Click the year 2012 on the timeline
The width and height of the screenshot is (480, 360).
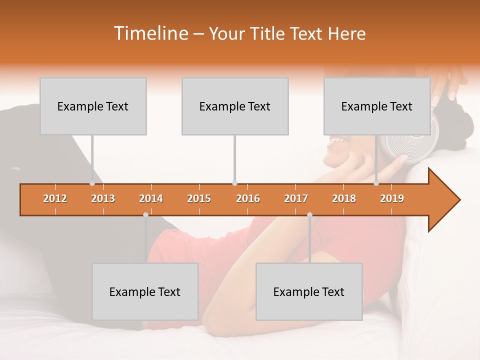click(x=55, y=198)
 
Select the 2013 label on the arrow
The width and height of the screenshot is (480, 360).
click(x=103, y=198)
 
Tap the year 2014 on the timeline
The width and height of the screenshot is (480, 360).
click(x=151, y=198)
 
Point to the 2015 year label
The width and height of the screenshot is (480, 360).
click(x=199, y=198)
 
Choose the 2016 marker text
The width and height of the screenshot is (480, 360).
click(x=248, y=198)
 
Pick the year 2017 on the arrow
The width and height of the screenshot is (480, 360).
click(x=296, y=198)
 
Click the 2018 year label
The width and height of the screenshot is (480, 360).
click(x=344, y=198)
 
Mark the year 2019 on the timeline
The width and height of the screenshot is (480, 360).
click(x=392, y=198)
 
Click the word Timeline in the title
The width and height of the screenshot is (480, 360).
click(x=150, y=33)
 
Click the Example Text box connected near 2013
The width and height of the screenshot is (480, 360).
click(x=93, y=106)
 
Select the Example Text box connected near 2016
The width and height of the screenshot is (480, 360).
click(x=235, y=106)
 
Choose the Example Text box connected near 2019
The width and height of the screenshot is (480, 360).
click(x=377, y=106)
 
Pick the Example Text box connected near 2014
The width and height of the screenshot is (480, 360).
click(x=145, y=291)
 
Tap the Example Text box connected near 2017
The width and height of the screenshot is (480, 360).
click(x=309, y=291)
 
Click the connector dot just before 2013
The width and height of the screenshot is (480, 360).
click(x=92, y=183)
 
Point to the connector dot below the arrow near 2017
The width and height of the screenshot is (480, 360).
click(x=309, y=215)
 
